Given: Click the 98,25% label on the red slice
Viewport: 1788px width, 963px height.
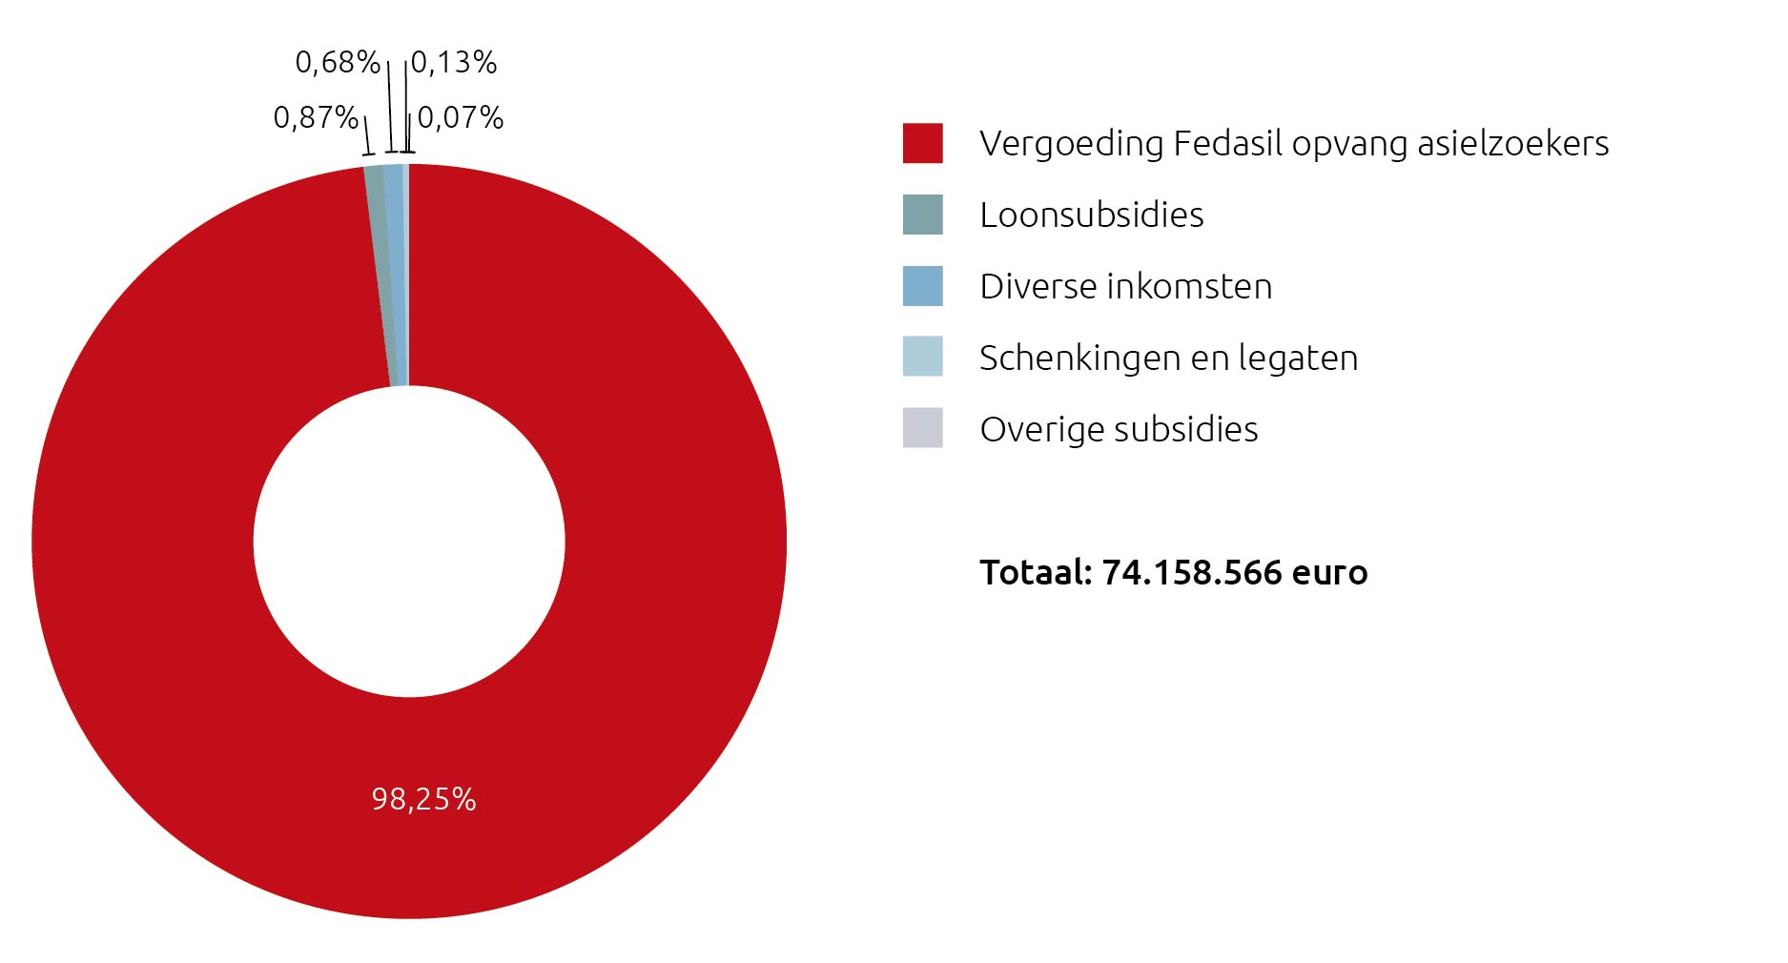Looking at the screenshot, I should pos(423,798).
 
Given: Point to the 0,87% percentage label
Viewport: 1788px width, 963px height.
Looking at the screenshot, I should pos(316,117).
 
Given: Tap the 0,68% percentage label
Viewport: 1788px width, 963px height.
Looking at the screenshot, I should pos(338,62).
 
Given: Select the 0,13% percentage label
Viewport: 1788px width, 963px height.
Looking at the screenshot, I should pos(454,62).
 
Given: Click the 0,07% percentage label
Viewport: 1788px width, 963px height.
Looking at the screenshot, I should pos(461,117).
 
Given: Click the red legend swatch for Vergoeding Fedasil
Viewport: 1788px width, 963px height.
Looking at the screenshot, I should pos(922,143).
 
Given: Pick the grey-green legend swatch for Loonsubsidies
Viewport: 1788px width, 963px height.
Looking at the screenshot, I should pos(922,215).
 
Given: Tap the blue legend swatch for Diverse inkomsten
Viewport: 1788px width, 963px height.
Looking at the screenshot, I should pos(922,286).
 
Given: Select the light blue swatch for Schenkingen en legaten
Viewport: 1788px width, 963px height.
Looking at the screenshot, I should pos(922,357).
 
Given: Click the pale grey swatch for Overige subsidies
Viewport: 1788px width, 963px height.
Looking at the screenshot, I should pos(922,428).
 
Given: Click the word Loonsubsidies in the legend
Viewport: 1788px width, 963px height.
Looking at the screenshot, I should pos(1091,215).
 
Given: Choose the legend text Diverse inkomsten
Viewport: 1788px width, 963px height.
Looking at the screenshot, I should pos(1125,286).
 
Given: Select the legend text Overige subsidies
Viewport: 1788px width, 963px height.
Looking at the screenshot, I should pos(1119,429).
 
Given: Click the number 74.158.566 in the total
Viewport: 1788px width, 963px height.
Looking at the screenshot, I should pos(1191,572).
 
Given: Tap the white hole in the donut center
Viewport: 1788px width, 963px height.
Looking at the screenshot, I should pos(409,541).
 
